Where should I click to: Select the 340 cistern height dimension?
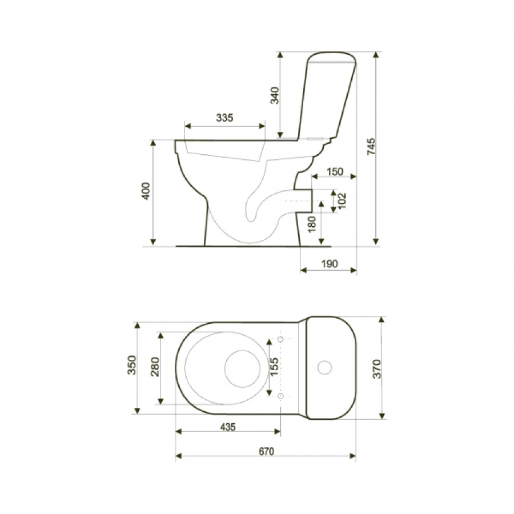[274, 95]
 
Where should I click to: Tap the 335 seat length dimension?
[224, 117]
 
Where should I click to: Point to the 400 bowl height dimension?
[146, 191]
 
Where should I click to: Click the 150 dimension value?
[335, 171]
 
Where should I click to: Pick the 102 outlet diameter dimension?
[342, 200]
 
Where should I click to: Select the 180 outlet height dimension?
[312, 224]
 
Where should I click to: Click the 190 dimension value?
[330, 263]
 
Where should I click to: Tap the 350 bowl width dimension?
[131, 365]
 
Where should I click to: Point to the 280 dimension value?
[155, 367]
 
